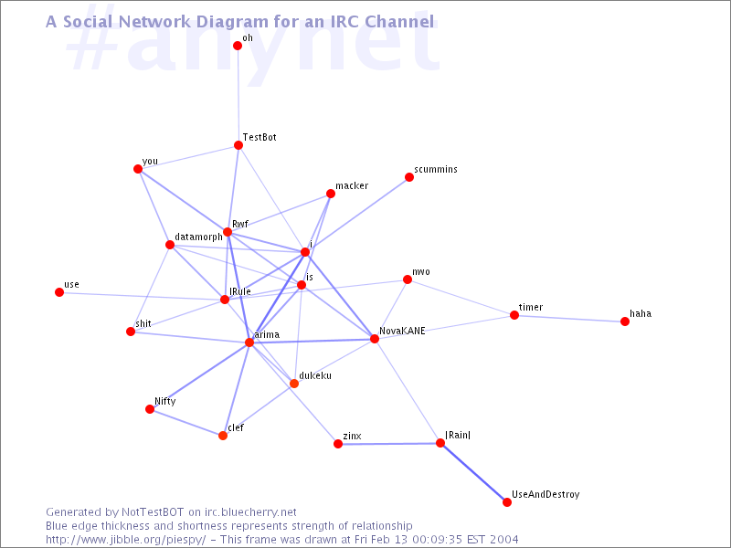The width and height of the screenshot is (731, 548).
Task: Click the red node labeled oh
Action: pos(238,46)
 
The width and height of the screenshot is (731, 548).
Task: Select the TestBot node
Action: pos(238,145)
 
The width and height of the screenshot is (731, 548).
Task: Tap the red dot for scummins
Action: pos(409,177)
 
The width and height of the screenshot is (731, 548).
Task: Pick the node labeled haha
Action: pos(625,321)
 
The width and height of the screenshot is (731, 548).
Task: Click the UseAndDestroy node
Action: pos(507,502)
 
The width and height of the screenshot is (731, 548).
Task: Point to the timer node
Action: pos(514,315)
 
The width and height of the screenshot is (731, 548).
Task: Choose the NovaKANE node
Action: pos(375,339)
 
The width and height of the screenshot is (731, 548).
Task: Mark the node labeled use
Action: pos(59,292)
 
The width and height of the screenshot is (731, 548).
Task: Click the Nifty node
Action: pos(150,409)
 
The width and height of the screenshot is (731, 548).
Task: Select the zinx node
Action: pos(338,444)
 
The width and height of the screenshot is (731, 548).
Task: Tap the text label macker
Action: pos(352,186)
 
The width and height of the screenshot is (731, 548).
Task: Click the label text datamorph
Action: pos(198,237)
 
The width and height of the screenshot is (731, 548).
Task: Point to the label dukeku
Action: pos(315,375)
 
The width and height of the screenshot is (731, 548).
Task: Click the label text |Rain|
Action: pos(458,435)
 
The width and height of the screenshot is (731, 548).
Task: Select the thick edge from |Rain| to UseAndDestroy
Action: pos(473,472)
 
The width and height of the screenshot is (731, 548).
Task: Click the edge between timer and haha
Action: pos(569,319)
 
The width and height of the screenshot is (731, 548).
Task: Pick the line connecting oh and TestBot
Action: pos(238,96)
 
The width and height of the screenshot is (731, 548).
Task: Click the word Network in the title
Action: pos(155,21)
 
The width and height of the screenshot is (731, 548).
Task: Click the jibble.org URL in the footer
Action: pos(125,540)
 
